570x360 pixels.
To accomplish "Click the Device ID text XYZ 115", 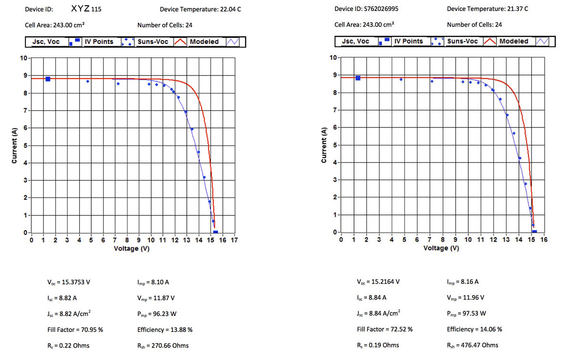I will [86, 9].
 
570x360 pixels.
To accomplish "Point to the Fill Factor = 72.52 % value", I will [385, 329].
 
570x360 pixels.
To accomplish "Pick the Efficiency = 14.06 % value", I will [474, 329].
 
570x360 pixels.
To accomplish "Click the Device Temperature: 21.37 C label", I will [487, 9].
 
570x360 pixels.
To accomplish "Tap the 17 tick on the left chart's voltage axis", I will [234, 240].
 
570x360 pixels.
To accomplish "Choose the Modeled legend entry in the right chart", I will [514, 41].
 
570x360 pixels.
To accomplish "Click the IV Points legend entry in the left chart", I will [99, 42].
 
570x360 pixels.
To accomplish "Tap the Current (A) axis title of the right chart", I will [324, 145].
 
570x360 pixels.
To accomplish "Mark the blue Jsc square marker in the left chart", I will [48, 79].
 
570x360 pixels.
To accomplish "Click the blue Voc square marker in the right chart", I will [535, 232].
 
